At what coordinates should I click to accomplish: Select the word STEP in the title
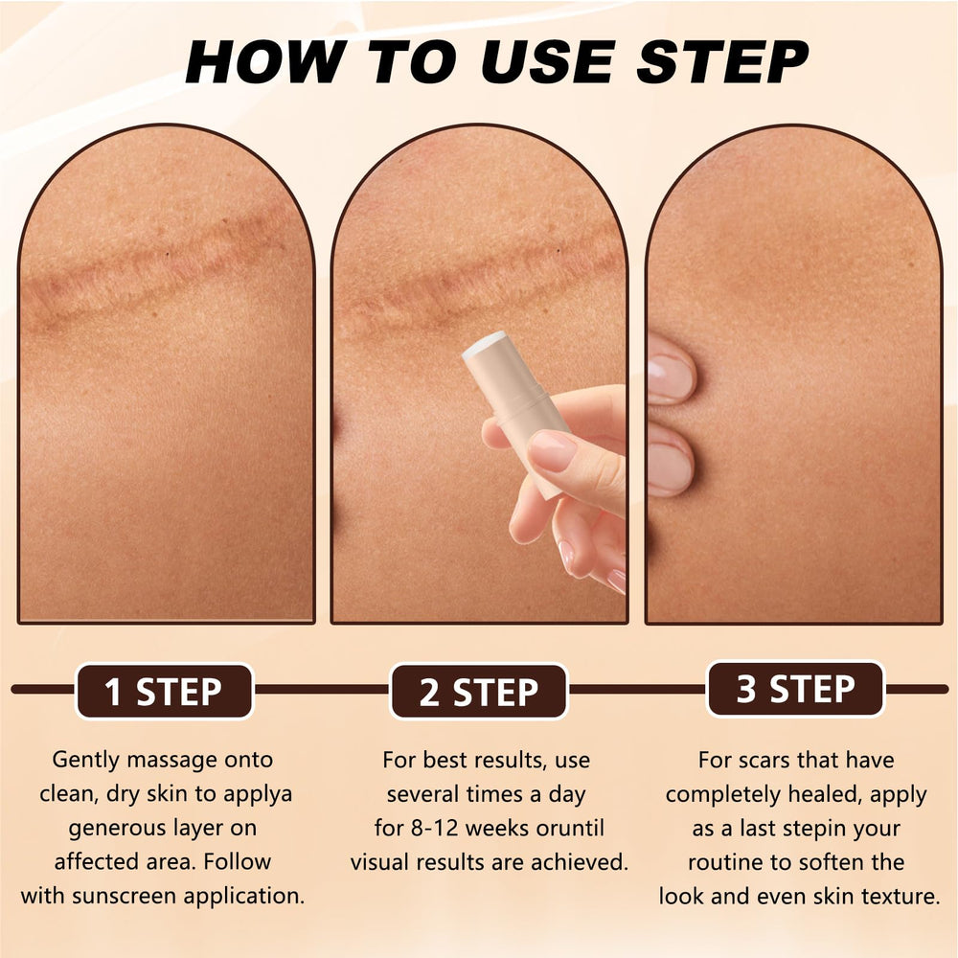click(x=722, y=61)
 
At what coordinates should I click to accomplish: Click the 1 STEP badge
click(x=164, y=691)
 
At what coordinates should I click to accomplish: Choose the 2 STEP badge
click(x=479, y=691)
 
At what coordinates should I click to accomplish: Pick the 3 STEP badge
click(x=795, y=689)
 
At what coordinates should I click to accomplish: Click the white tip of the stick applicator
click(x=484, y=343)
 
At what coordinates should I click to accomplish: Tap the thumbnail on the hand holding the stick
click(x=552, y=449)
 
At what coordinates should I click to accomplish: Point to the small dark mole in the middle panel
click(x=559, y=250)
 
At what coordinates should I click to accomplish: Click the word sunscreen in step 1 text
click(x=125, y=896)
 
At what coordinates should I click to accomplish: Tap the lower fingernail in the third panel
click(x=669, y=467)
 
